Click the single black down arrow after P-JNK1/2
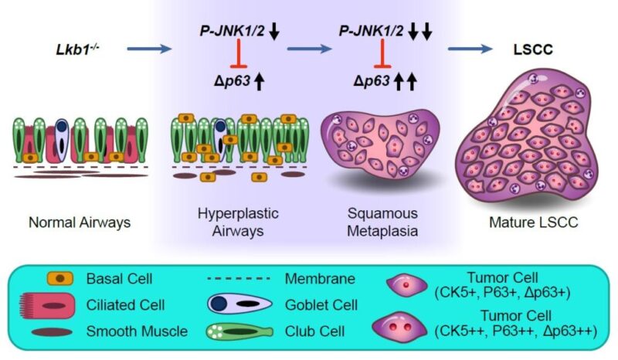click(x=275, y=32)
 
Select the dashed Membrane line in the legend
click(x=235, y=276)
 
